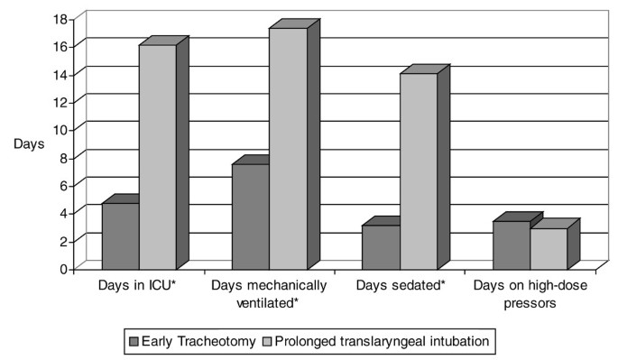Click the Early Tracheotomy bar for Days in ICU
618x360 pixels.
120,235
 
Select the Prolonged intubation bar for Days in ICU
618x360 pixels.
157,156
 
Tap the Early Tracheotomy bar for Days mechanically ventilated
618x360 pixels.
251,216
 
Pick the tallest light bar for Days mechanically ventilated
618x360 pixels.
288,148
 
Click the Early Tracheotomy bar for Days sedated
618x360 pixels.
381,246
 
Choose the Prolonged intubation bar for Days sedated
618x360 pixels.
418,171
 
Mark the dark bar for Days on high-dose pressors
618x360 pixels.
511,245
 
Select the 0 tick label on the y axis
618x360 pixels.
64,268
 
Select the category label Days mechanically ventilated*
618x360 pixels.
269,292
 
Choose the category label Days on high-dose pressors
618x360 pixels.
530,292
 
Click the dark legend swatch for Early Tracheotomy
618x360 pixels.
134,342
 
